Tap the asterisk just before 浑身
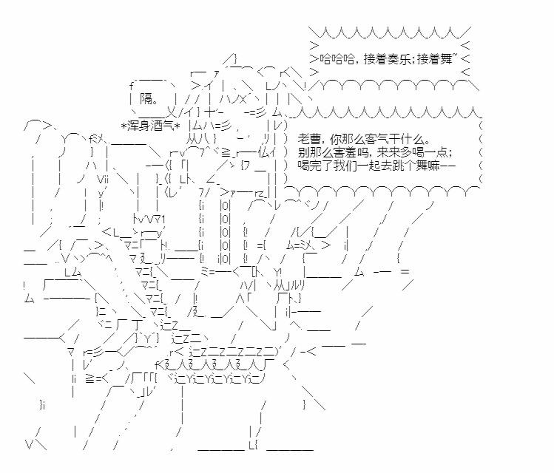(x=126, y=123)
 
